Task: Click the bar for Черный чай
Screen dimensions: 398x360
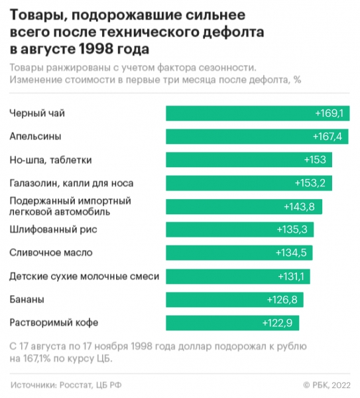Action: click(257, 113)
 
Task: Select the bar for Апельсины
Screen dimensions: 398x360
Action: click(256, 137)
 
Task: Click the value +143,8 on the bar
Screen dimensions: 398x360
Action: click(298, 206)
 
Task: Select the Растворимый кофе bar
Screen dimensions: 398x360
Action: click(232, 323)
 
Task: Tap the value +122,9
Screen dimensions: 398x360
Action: click(278, 323)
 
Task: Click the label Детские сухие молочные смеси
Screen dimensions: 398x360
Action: click(85, 276)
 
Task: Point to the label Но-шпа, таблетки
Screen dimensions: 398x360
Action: click(50, 160)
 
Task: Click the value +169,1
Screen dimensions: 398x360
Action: click(329, 113)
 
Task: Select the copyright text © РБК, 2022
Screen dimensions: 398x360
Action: click(326, 385)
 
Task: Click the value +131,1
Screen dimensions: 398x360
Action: click(288, 276)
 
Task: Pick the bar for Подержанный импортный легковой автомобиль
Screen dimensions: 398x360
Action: click(243, 206)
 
